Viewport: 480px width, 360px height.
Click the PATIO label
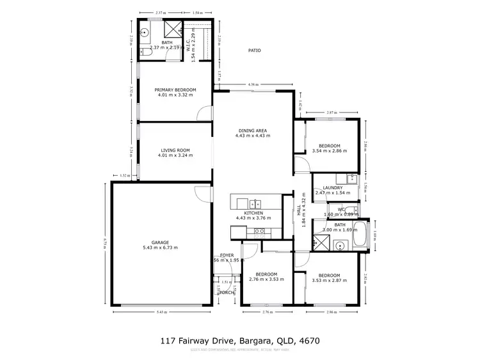tap(255, 50)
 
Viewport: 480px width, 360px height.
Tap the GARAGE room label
tap(160, 242)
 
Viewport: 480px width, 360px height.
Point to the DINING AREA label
tap(250, 130)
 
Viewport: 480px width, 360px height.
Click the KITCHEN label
tap(253, 212)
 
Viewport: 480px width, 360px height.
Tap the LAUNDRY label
tap(332, 187)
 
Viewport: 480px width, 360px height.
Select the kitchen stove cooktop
tap(260, 231)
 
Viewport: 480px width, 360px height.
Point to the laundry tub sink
tap(350, 177)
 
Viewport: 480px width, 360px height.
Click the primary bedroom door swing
tap(204, 114)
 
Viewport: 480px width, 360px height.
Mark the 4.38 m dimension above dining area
tap(254, 84)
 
